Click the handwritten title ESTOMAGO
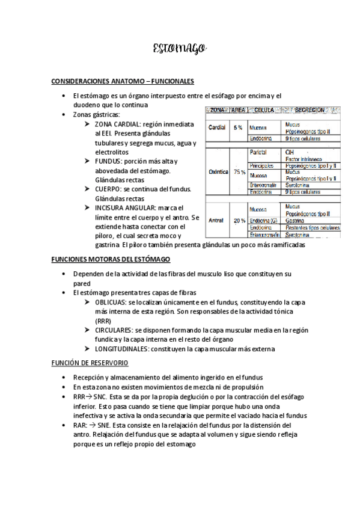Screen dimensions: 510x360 coord(180,48)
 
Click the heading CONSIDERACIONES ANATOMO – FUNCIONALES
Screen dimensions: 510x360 coord(122,81)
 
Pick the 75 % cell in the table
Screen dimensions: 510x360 coord(239,172)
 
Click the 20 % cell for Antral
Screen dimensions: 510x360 coord(239,220)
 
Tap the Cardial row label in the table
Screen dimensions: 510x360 coord(216,128)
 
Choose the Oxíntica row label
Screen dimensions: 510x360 coord(218,172)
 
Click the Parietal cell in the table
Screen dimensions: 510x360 coord(258,153)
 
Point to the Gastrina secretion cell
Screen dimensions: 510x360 coord(296,221)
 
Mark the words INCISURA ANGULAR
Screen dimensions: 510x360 coord(124,207)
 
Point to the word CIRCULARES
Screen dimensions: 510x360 coord(114,330)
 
